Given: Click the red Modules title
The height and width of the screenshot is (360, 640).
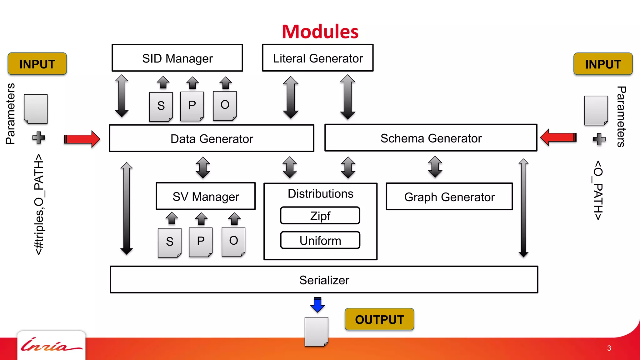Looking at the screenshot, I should (320, 32).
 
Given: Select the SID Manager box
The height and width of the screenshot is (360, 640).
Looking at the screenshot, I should (177, 58).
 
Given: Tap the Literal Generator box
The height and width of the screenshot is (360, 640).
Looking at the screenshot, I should (317, 58).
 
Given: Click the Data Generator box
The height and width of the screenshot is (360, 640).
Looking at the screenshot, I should (212, 138).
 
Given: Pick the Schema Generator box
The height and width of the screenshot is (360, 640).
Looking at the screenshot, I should (431, 138).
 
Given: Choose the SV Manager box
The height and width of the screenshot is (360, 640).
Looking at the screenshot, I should (206, 196).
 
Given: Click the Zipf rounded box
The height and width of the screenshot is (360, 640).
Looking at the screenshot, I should (320, 216).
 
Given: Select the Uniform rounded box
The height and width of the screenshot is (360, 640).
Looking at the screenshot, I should (320, 240).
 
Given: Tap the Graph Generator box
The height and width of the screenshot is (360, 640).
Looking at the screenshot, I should (449, 197).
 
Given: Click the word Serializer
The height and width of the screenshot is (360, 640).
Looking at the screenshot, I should (324, 280).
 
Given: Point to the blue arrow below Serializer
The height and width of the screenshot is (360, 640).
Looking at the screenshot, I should (317, 305).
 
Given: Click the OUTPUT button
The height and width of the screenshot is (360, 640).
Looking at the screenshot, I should (379, 319).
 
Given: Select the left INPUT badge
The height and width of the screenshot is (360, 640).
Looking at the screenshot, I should (37, 64).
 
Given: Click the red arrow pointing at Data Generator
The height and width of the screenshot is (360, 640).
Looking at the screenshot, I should (82, 139).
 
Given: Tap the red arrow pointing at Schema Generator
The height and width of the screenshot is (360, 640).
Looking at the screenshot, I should (558, 137).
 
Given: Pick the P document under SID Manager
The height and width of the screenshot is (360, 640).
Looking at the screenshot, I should (192, 106).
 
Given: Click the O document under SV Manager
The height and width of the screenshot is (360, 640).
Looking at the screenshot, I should (233, 241).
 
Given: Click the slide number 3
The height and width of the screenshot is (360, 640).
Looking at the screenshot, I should (609, 348).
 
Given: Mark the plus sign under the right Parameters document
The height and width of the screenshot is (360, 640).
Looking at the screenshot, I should (599, 139).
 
